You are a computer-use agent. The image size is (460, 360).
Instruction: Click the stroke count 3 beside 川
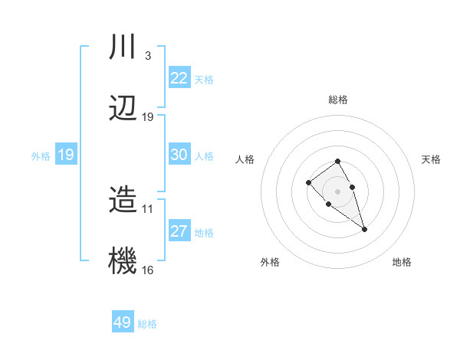pyautogui.click(x=147, y=55)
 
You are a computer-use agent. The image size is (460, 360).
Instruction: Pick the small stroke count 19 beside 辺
pyautogui.click(x=148, y=117)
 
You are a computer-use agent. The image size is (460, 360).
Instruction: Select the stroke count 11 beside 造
pyautogui.click(x=148, y=208)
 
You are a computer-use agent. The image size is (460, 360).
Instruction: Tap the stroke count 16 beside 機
pyautogui.click(x=148, y=270)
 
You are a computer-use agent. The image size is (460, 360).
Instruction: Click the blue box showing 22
pyautogui.click(x=179, y=78)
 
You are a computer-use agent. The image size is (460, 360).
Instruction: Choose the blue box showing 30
pyautogui.click(x=179, y=155)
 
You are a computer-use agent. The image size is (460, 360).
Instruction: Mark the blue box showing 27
pyautogui.click(x=179, y=231)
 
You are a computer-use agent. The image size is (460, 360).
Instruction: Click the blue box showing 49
pyautogui.click(x=122, y=322)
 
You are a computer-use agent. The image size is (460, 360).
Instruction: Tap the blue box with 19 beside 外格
pyautogui.click(x=65, y=155)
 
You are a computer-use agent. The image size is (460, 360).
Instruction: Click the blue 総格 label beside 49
pyautogui.click(x=147, y=324)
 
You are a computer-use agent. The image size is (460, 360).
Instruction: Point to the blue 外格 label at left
pyautogui.click(x=41, y=156)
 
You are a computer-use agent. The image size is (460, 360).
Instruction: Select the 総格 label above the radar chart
pyautogui.click(x=337, y=100)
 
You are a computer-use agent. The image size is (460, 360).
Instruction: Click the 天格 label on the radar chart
pyautogui.click(x=431, y=159)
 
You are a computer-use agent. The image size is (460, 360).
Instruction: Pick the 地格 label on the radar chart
pyautogui.click(x=402, y=262)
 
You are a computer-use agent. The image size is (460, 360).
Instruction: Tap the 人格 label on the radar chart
pyautogui.click(x=245, y=159)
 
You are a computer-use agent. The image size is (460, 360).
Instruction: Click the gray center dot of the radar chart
pyautogui.click(x=337, y=191)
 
